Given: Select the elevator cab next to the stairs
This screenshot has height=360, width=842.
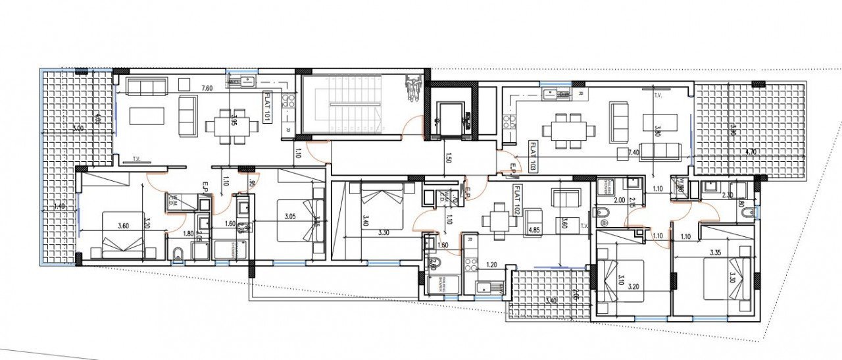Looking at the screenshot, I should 449,117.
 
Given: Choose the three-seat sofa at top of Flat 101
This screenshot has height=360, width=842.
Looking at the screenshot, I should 145,86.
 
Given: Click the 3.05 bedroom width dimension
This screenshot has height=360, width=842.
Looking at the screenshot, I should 289,217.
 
